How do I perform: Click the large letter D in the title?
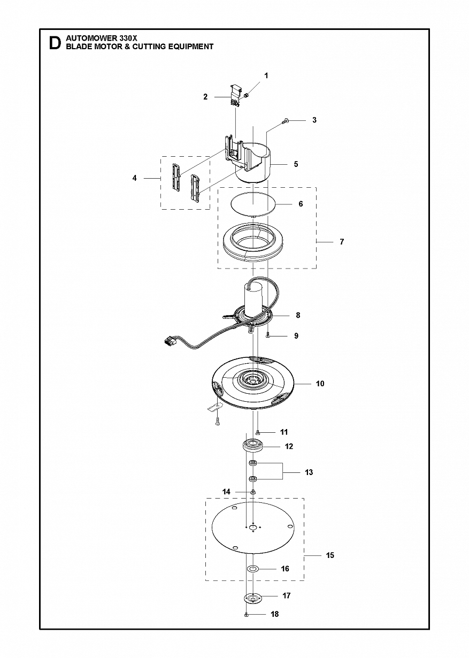tap(55, 43)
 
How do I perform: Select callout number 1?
tap(266, 76)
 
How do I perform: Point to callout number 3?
tap(314, 120)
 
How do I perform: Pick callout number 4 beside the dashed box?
tap(135, 178)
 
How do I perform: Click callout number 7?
tap(342, 242)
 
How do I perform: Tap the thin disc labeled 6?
tap(253, 204)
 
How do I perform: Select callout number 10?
tap(320, 384)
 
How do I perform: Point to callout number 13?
tap(309, 472)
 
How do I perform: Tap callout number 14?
tap(226, 492)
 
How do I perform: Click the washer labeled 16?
tap(252, 569)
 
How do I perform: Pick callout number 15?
tap(330, 555)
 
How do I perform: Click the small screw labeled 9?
tap(267, 335)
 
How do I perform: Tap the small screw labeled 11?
tap(258, 432)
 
